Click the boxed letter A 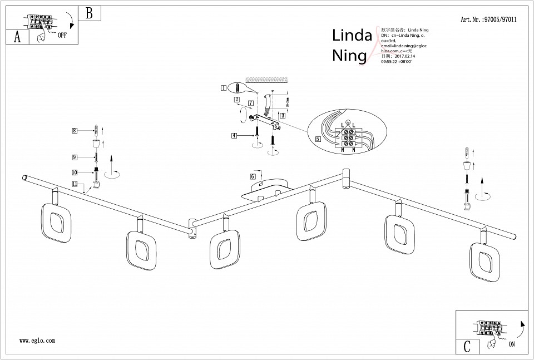pyautogui.click(x=17, y=37)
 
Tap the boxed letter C pyautogui.click(x=467, y=346)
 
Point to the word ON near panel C pyautogui.click(x=511, y=344)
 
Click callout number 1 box pyautogui.click(x=224, y=87)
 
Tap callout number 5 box pyautogui.click(x=318, y=139)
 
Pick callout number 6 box pyautogui.click(x=253, y=176)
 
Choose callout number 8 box pyautogui.click(x=75, y=131)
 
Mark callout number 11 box pyautogui.click(x=75, y=183)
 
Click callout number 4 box pyautogui.click(x=235, y=135)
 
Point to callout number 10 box pyautogui.click(x=75, y=172)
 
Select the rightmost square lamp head pyautogui.click(x=484, y=260)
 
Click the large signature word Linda pyautogui.click(x=352, y=36)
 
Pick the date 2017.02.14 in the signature pyautogui.click(x=404, y=56)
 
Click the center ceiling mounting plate pyautogui.click(x=265, y=190)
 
